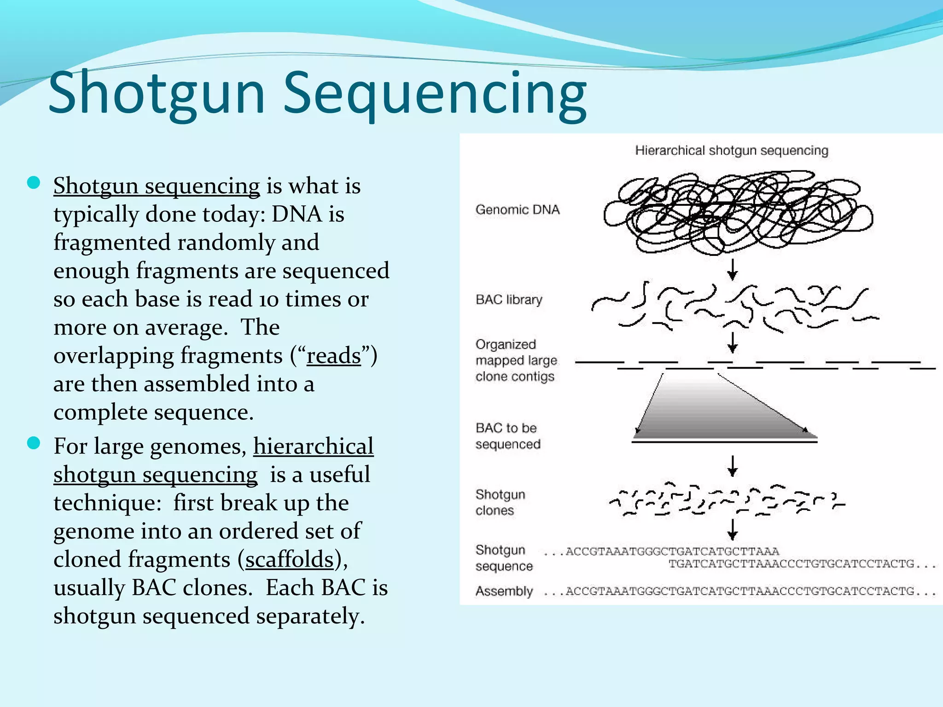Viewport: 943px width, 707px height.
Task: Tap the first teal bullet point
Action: pyautogui.click(x=34, y=183)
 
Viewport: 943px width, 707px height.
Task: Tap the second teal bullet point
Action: pyautogui.click(x=34, y=443)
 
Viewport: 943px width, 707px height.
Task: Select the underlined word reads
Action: pyautogui.click(x=334, y=356)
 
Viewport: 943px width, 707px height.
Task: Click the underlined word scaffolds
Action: pyautogui.click(x=290, y=560)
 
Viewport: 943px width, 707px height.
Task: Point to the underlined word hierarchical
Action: pyautogui.click(x=313, y=446)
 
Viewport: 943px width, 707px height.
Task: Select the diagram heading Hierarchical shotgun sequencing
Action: pyautogui.click(x=731, y=151)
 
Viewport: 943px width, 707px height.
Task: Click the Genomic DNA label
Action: pyautogui.click(x=518, y=210)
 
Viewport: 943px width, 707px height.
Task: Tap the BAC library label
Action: pyautogui.click(x=509, y=300)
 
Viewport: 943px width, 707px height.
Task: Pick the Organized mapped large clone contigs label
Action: pyautogui.click(x=516, y=360)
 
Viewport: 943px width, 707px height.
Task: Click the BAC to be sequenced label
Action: pyautogui.click(x=507, y=436)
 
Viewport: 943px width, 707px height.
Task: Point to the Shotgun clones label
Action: pyautogui.click(x=500, y=502)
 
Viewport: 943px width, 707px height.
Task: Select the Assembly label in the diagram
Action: pyautogui.click(x=504, y=591)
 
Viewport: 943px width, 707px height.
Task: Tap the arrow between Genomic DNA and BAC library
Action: pyautogui.click(x=732, y=269)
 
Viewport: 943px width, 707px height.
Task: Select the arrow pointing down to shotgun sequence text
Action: pyautogui.click(x=732, y=529)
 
